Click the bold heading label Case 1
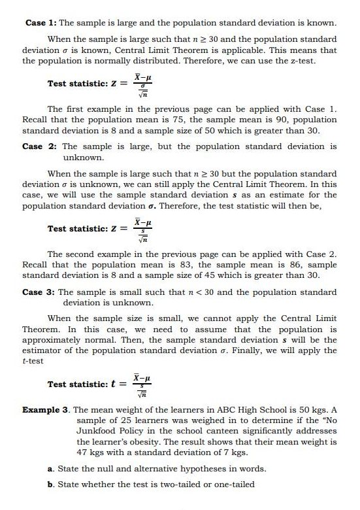coord(35,23)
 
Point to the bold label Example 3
coord(45,410)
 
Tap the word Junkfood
coord(97,431)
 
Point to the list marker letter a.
coord(50,469)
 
